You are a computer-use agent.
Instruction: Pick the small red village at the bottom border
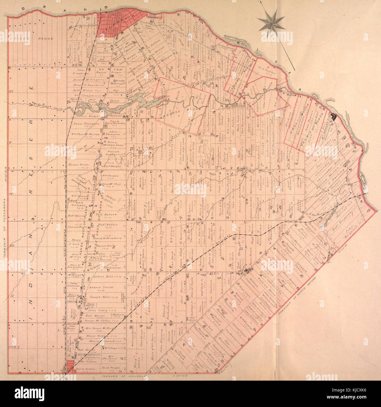click(x=70, y=367)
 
